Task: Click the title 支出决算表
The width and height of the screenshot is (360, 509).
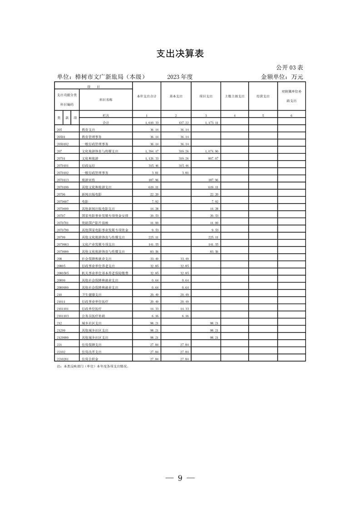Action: click(180, 54)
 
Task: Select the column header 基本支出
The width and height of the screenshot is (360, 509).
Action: click(176, 96)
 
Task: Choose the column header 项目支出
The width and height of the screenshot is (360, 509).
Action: click(206, 96)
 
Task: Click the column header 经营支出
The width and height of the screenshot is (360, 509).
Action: click(263, 96)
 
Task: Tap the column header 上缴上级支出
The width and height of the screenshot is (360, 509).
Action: click(235, 96)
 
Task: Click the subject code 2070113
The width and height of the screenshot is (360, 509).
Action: click(63, 180)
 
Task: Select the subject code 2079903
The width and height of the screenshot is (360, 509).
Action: click(63, 244)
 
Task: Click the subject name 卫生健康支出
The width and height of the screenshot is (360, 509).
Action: click(92, 294)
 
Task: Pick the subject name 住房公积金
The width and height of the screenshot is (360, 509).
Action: click(90, 358)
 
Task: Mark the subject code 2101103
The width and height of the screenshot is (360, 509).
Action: click(63, 315)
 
